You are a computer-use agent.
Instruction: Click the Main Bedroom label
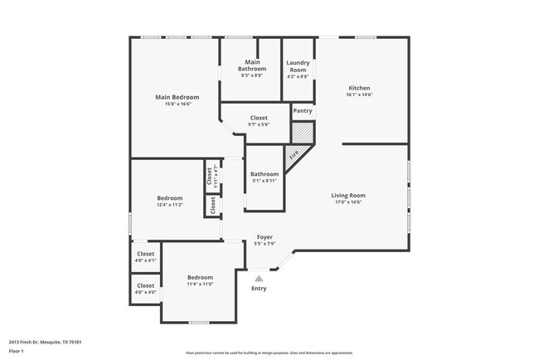pos(177,97)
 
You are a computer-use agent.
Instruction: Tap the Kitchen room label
pos(359,88)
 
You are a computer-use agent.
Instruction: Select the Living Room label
pos(348,195)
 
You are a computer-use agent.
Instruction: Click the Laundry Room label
pos(297,66)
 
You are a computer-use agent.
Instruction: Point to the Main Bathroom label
pos(251,66)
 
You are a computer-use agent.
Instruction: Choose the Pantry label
pos(303,110)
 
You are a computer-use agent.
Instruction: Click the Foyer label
pos(264,237)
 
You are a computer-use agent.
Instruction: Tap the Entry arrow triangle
pos(259,279)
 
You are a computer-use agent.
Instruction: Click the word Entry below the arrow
pos(260,289)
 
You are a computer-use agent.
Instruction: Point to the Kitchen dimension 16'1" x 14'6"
pos(359,95)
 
